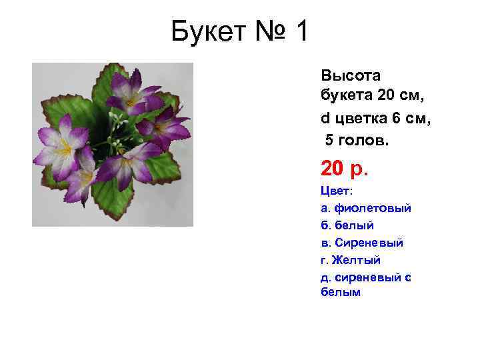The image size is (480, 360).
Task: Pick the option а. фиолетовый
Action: click(x=366, y=208)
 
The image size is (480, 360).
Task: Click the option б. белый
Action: click(x=347, y=225)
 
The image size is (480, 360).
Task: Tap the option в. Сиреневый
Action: click(x=362, y=243)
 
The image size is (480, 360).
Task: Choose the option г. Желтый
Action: click(x=351, y=260)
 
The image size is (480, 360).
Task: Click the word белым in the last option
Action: click(x=341, y=292)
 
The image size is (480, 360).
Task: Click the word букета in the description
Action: click(x=347, y=97)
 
